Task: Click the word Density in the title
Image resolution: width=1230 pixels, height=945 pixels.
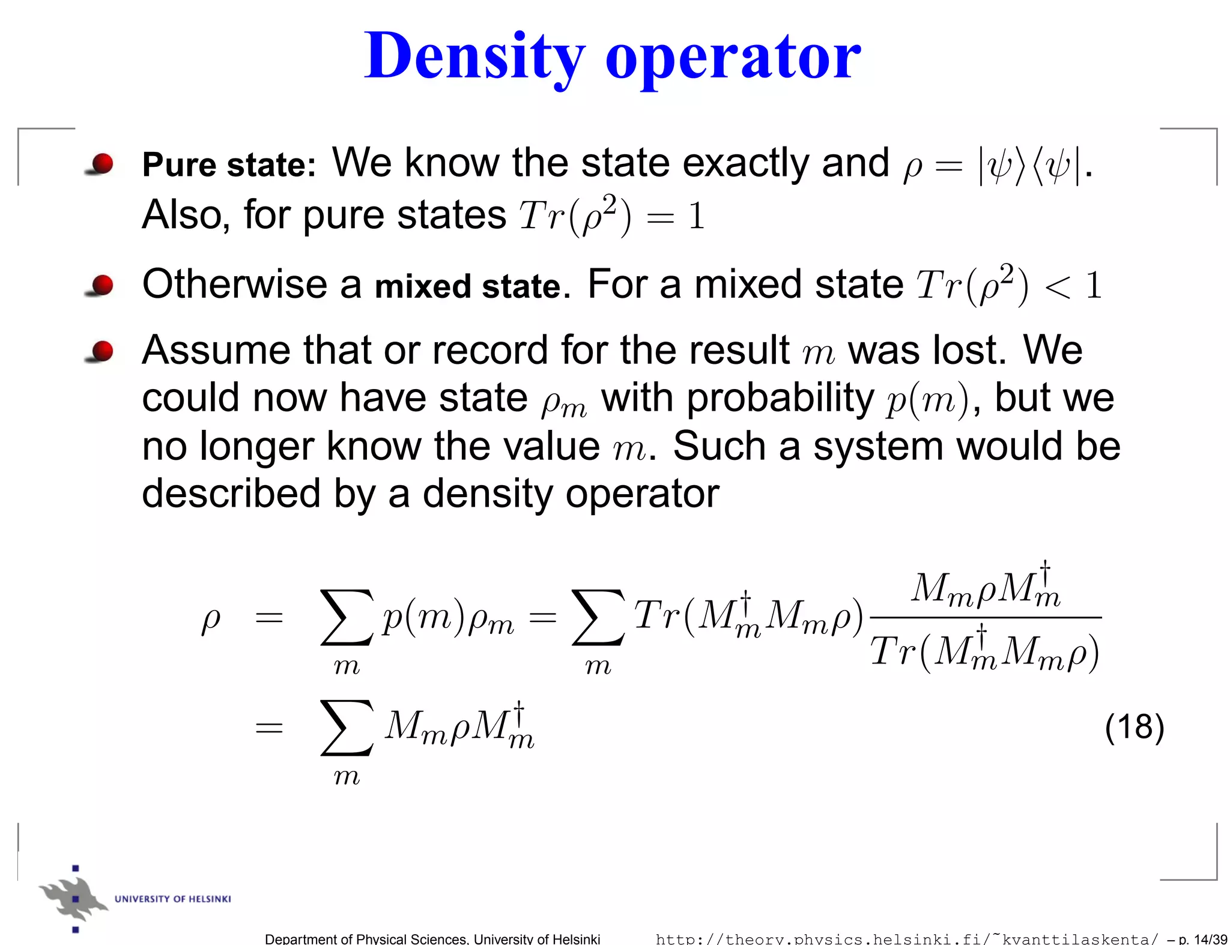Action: (x=474, y=57)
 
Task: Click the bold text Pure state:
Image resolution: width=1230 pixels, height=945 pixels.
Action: (x=229, y=165)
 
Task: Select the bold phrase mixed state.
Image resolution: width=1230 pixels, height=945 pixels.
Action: (x=472, y=286)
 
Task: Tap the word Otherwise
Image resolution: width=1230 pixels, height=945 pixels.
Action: (x=235, y=284)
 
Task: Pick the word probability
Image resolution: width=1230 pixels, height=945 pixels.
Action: (x=780, y=399)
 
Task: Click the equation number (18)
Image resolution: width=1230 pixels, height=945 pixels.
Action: (x=1134, y=727)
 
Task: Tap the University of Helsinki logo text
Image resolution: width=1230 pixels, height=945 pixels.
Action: (x=172, y=899)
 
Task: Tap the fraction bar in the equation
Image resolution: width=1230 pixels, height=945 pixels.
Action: (x=985, y=617)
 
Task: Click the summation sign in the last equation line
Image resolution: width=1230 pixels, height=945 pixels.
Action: (x=347, y=728)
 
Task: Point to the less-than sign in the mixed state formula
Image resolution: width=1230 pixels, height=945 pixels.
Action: (x=1058, y=288)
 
